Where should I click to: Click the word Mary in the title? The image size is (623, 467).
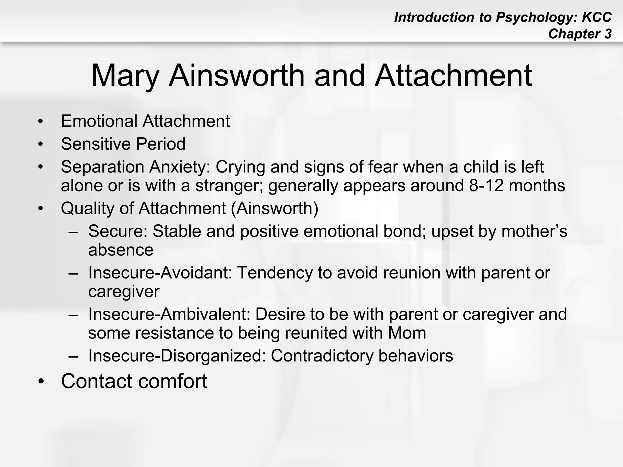click(125, 76)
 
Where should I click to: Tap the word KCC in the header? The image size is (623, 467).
click(597, 17)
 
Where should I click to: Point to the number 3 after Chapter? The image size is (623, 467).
click(607, 34)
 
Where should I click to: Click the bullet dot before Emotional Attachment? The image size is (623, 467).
click(41, 122)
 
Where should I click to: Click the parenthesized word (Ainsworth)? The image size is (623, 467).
click(275, 209)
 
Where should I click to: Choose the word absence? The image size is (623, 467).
click(121, 250)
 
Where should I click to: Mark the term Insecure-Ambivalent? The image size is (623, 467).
click(169, 314)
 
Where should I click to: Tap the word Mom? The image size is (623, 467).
click(407, 333)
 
